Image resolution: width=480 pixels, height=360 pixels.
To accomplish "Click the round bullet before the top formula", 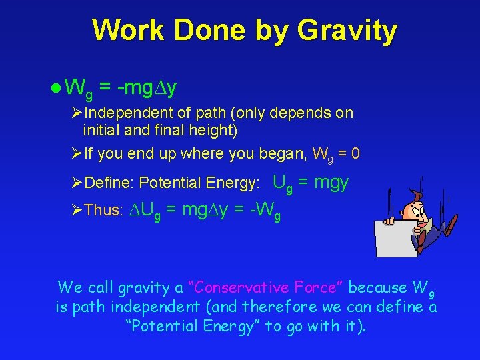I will [57, 87].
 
